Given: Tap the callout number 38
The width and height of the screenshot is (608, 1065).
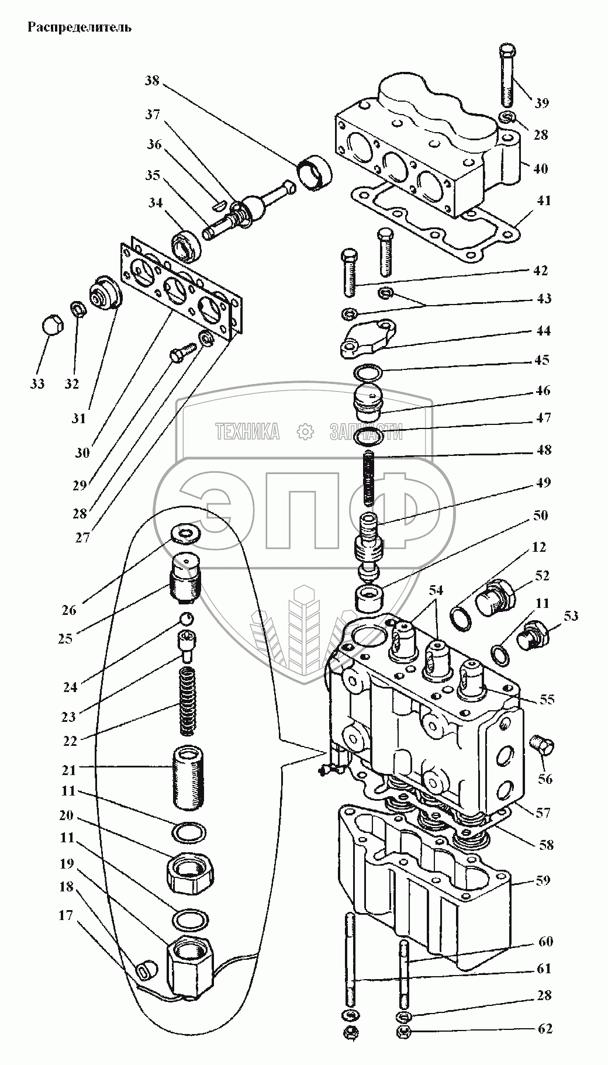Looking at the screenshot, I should coord(152,81).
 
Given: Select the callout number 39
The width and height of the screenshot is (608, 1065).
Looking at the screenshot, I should coord(541,103).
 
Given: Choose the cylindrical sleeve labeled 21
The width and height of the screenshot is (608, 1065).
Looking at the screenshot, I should coord(188,777).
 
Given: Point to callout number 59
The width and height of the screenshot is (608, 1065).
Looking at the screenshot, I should coord(543,880).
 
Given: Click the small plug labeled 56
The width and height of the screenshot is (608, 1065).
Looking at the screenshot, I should coord(544,745).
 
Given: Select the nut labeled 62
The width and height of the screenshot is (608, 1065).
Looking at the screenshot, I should coord(403,1032).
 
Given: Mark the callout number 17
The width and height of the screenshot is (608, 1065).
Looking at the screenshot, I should coord(66,915).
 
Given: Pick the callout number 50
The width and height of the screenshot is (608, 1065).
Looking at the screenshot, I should coord(540,516).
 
